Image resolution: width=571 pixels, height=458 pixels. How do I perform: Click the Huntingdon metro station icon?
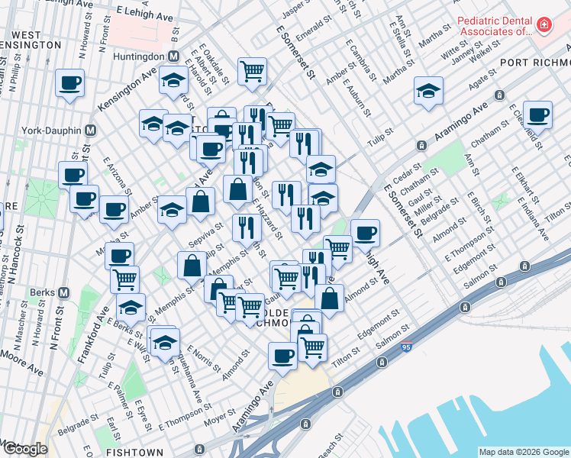(x=173, y=56)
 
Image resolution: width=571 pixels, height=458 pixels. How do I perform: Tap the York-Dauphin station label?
(x=53, y=131)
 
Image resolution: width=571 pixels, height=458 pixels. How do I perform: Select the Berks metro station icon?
(x=65, y=292)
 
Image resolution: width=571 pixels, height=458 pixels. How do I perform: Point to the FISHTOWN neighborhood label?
(x=134, y=452)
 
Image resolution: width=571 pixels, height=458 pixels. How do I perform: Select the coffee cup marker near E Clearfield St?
(x=537, y=115)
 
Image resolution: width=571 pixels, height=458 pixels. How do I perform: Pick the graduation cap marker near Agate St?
(x=428, y=89)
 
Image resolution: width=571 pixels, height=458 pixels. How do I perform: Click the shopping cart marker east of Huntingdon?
(x=252, y=72)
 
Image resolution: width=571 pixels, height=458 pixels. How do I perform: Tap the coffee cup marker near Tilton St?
(x=282, y=355)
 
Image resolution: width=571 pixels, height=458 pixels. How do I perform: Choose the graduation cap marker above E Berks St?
(x=131, y=308)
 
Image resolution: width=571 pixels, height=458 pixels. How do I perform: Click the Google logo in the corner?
(x=25, y=449)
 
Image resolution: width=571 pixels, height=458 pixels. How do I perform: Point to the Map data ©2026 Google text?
(x=523, y=452)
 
